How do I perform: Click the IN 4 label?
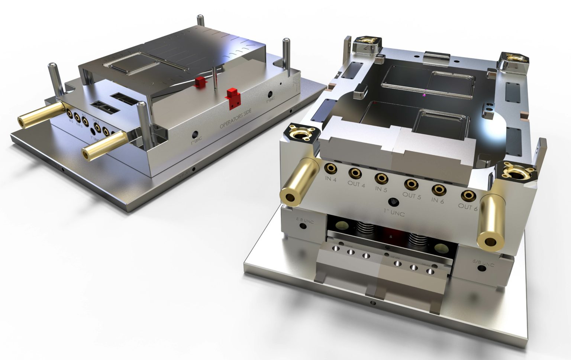(330, 179)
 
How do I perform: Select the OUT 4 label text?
(356, 184)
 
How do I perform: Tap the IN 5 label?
(381, 189)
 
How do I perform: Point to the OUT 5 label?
(411, 195)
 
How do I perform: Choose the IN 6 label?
(438, 201)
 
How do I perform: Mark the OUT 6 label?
(467, 207)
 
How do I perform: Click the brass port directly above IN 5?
(381, 178)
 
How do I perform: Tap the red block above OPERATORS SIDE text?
(233, 98)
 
